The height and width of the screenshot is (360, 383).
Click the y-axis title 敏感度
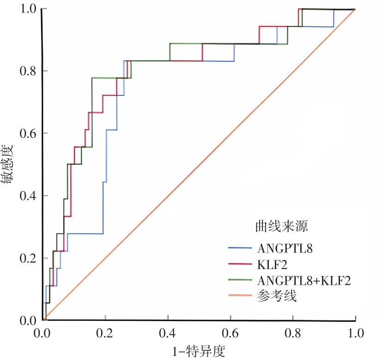(8, 165)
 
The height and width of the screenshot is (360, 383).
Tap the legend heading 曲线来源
(282, 226)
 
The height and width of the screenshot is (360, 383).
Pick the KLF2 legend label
(269, 264)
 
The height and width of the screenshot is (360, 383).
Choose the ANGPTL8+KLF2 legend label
(301, 280)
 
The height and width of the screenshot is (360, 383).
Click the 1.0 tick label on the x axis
(355, 333)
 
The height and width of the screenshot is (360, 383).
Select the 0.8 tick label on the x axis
(292, 333)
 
